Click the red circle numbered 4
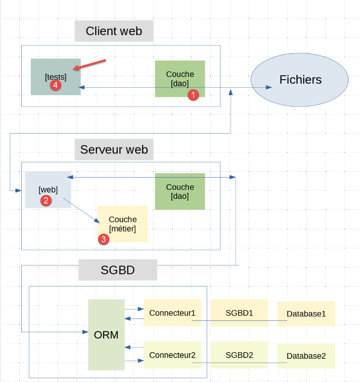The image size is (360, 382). coord(56,85)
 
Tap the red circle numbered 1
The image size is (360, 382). coord(193,95)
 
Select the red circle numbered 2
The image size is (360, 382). coord(46,200)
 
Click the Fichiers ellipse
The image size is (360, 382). coord(300,80)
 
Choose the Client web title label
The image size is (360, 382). coord(114,31)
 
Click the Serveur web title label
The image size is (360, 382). coord(114,150)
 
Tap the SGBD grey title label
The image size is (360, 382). coord(118,270)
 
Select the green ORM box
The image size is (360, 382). coord(106,335)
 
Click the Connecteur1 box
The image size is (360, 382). coord(172,313)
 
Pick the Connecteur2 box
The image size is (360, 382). coord(172,355)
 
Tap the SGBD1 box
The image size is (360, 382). coord(239,313)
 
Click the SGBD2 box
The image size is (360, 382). coord(239,355)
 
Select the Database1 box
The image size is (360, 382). coord(306,314)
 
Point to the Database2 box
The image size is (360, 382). coord(306,356)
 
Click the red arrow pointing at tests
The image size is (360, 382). coord(91,65)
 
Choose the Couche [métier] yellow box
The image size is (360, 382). coord(123,224)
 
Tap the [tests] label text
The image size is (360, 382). coord(56,77)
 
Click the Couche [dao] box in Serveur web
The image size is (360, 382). coord(180,191)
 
